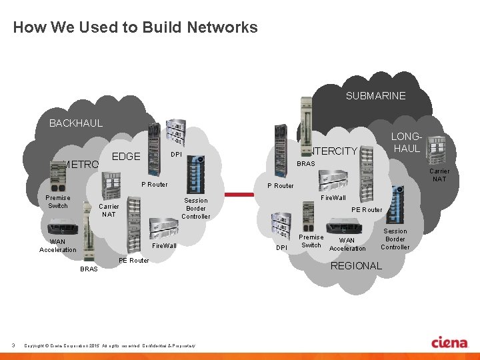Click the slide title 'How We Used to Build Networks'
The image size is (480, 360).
point(135,27)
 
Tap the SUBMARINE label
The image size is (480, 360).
point(375,96)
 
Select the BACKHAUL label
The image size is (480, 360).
point(76,123)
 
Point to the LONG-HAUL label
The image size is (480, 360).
point(407,143)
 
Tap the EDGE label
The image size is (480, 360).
point(126,157)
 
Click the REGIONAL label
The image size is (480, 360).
point(356,265)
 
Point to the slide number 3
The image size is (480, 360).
point(13,345)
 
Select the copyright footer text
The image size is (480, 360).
point(109,345)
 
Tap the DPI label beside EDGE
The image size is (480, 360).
point(176,155)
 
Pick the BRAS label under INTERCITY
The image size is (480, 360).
point(306,164)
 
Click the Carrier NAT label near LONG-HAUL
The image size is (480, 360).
point(439,175)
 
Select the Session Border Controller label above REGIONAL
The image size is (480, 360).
point(395,239)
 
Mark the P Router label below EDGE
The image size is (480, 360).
point(154,184)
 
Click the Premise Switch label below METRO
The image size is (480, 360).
point(57,201)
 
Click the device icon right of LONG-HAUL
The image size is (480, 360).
point(437,147)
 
